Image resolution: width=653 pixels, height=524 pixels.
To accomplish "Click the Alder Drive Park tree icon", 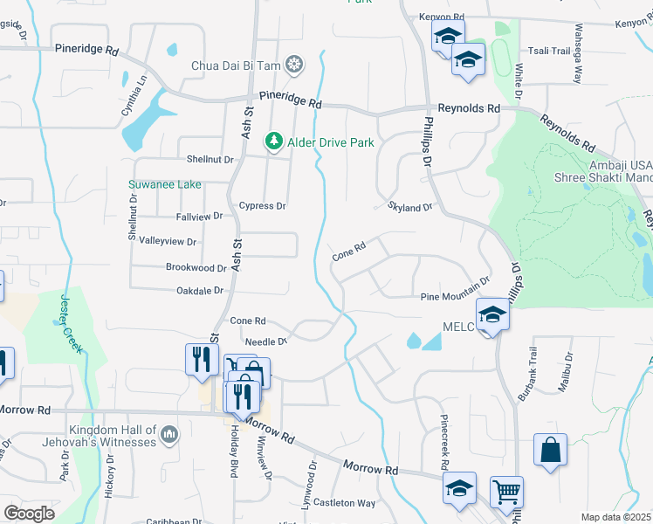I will point(274,141).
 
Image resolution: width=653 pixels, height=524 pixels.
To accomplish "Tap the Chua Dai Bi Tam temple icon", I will point(296,65).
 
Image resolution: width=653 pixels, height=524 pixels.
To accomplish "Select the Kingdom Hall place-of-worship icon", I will point(169,432).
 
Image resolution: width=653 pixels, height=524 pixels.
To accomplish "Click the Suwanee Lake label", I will point(165,184).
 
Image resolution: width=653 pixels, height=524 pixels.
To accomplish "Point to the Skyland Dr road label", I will point(409,208).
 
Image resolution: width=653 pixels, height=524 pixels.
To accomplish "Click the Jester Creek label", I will point(72,324).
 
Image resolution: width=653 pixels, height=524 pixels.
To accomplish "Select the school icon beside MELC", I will point(492,314).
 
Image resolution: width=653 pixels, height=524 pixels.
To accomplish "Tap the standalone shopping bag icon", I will point(550,451).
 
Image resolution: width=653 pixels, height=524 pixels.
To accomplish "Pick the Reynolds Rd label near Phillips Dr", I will point(468,108).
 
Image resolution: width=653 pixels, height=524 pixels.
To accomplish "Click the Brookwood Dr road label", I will point(196,268).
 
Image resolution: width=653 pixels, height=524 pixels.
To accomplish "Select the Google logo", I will point(29,514).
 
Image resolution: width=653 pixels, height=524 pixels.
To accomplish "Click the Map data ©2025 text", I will point(615,517).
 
